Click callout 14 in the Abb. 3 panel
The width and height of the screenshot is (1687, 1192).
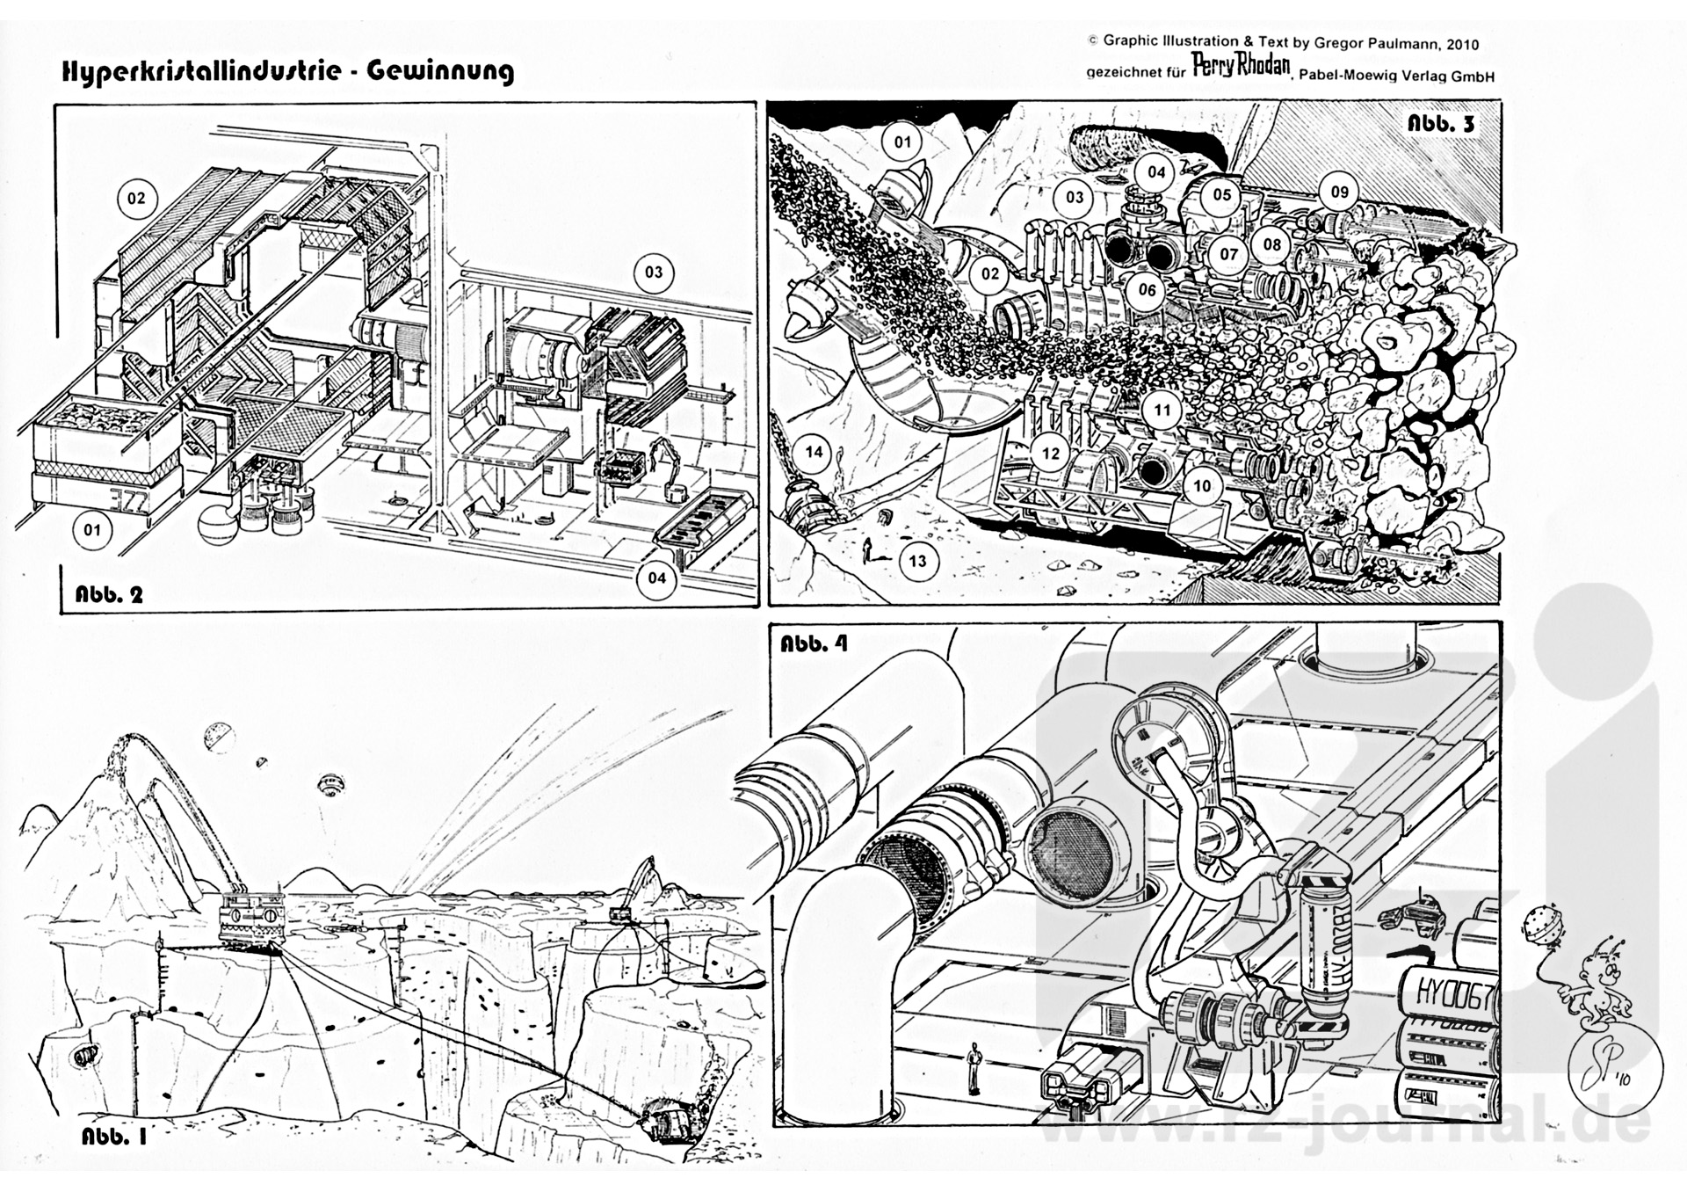click(815, 452)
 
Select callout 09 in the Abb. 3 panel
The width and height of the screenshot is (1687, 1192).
click(1339, 192)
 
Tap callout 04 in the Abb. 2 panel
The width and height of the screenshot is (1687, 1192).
click(656, 578)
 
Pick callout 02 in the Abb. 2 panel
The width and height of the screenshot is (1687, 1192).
click(136, 198)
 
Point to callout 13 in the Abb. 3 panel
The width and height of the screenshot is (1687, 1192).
click(917, 561)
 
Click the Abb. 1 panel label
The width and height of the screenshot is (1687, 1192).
click(114, 1136)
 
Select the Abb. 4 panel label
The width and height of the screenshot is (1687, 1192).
click(815, 643)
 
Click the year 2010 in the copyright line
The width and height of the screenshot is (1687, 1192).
click(1459, 44)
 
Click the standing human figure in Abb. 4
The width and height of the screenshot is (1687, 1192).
click(973, 1065)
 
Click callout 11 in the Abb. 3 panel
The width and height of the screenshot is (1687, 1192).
click(1162, 410)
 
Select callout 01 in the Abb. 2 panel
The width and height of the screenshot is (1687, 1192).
click(92, 529)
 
